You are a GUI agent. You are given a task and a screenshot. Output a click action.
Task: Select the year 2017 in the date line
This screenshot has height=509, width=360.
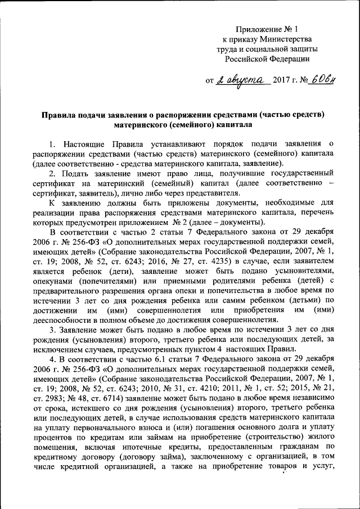coord(282,81)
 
